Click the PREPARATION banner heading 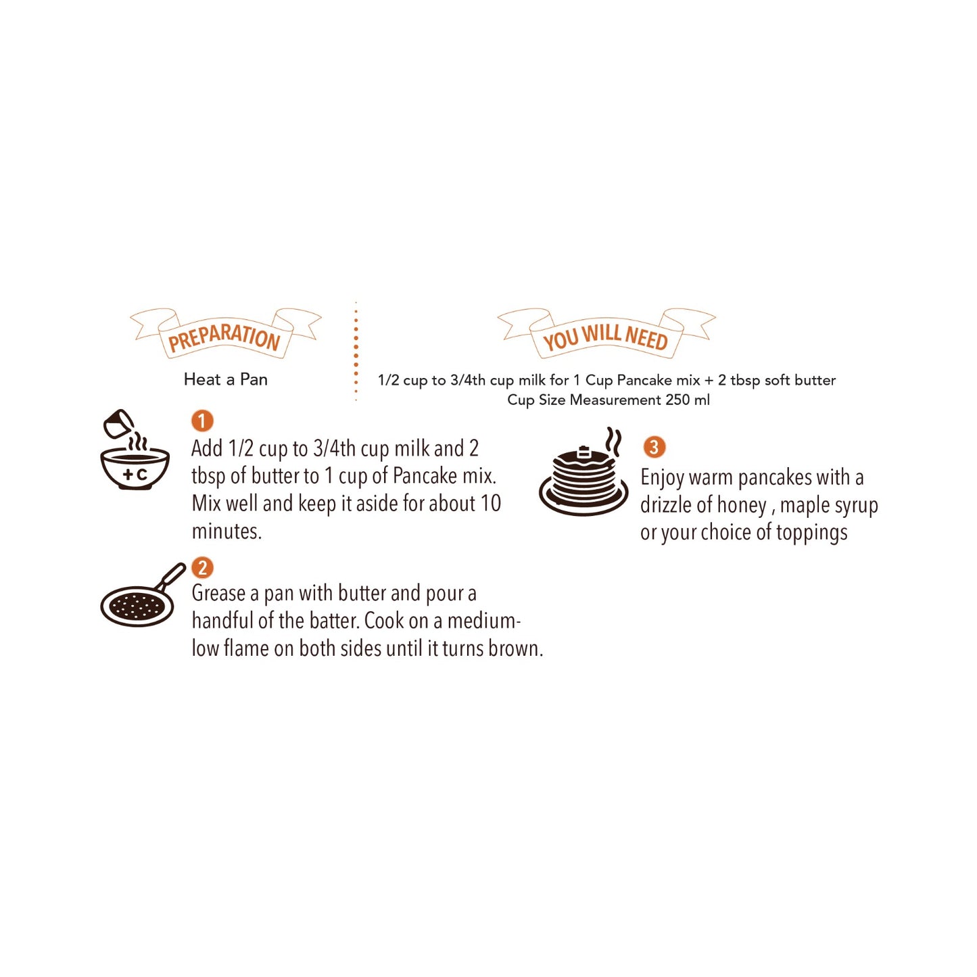[224, 336]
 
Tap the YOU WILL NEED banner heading [605, 336]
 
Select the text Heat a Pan [226, 379]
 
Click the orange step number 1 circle [201, 421]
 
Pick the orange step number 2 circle [202, 567]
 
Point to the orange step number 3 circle [654, 447]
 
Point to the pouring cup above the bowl [118, 424]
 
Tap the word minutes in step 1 [227, 531]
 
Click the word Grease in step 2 [218, 594]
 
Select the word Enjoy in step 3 [662, 478]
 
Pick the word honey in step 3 [741, 506]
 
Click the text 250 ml [688, 400]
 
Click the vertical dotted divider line [356, 352]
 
